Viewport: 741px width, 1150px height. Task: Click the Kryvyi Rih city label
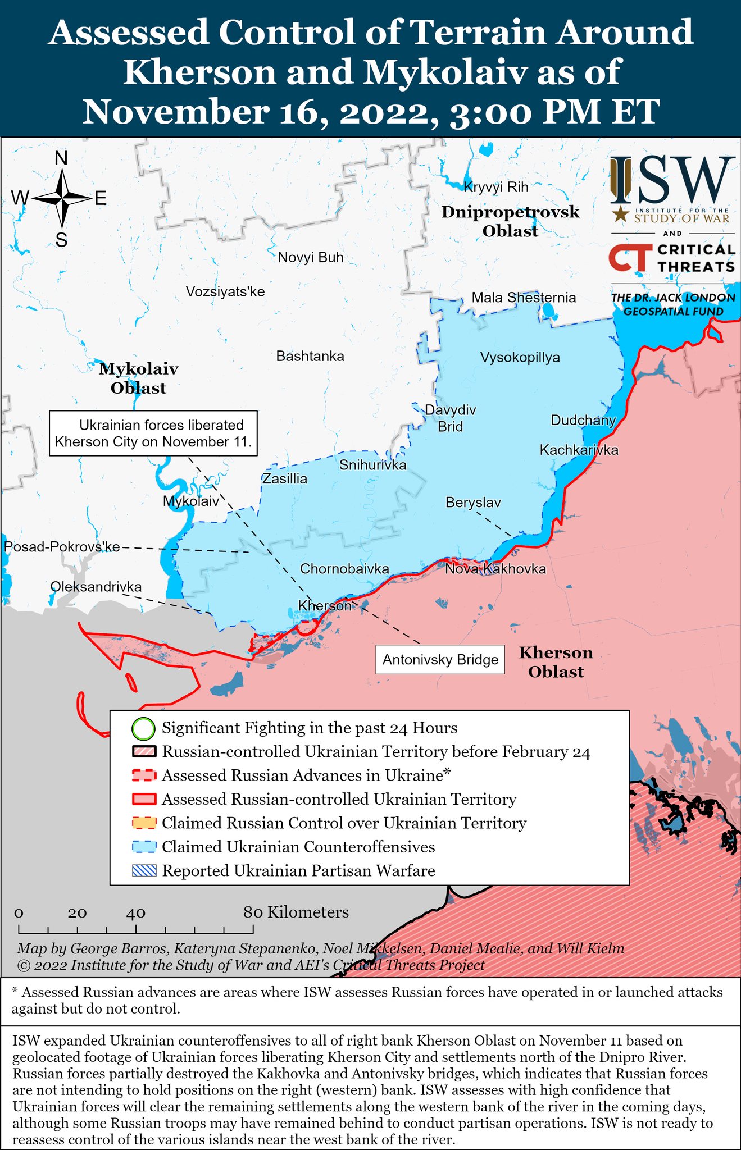(496, 187)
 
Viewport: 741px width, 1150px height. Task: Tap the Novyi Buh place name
(311, 258)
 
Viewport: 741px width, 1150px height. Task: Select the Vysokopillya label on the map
(520, 357)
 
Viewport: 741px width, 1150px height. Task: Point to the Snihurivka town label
(372, 465)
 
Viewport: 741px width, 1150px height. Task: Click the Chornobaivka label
(344, 569)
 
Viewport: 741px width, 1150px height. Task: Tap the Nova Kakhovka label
(495, 569)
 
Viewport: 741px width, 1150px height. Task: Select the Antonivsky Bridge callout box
(440, 659)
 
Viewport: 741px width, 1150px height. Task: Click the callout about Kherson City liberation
(153, 433)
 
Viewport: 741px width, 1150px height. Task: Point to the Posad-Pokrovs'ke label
(62, 546)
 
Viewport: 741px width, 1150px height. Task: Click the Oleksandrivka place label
(96, 587)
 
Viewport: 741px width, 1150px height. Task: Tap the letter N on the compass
(61, 159)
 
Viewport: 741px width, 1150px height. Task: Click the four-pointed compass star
(62, 198)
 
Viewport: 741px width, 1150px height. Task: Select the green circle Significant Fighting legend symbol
(143, 729)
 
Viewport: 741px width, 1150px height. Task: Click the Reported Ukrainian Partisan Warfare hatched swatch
(144, 871)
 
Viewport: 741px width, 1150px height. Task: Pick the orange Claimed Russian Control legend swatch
(144, 823)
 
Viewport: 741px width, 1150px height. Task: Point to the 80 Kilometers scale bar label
(296, 912)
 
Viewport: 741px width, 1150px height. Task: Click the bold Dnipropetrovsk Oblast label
(510, 221)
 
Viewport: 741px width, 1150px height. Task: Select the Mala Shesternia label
(524, 298)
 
